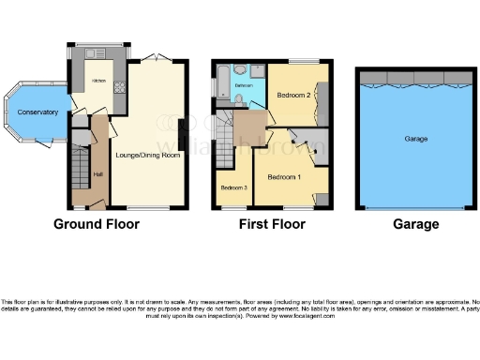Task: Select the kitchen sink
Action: point(97,54)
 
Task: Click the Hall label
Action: point(97,173)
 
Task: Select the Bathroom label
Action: point(244,85)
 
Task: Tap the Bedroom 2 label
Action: point(292,95)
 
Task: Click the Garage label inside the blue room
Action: point(415,139)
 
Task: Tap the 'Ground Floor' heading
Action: point(97,225)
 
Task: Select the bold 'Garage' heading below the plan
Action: point(415,225)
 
